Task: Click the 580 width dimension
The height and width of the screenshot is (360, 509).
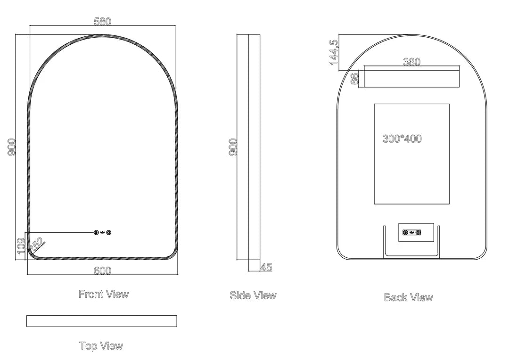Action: pos(102,22)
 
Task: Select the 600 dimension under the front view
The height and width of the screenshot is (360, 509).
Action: pos(102,270)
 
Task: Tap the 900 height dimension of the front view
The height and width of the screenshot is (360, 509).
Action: pos(12,147)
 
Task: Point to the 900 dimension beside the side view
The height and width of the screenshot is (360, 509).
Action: pos(233,147)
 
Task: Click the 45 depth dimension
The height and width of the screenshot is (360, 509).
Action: pos(266,267)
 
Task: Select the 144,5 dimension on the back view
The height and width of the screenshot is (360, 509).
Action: pos(334,51)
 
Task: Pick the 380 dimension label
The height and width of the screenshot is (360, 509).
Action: pos(411,62)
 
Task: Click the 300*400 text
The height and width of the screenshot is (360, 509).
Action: pos(402,139)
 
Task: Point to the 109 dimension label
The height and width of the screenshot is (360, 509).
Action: pos(21,245)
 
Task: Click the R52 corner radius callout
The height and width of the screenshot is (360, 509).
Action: pos(37,245)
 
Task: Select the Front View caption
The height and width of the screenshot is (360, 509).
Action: pos(103,294)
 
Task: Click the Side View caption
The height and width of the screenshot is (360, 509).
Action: pos(253,295)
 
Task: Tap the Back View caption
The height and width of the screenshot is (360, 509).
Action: pos(408,297)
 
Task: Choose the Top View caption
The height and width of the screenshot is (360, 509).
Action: pos(101,346)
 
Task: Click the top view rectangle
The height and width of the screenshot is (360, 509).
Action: pos(102,321)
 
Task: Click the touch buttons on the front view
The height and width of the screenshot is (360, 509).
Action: pos(102,232)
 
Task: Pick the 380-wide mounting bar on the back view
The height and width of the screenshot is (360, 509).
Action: pos(412,79)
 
